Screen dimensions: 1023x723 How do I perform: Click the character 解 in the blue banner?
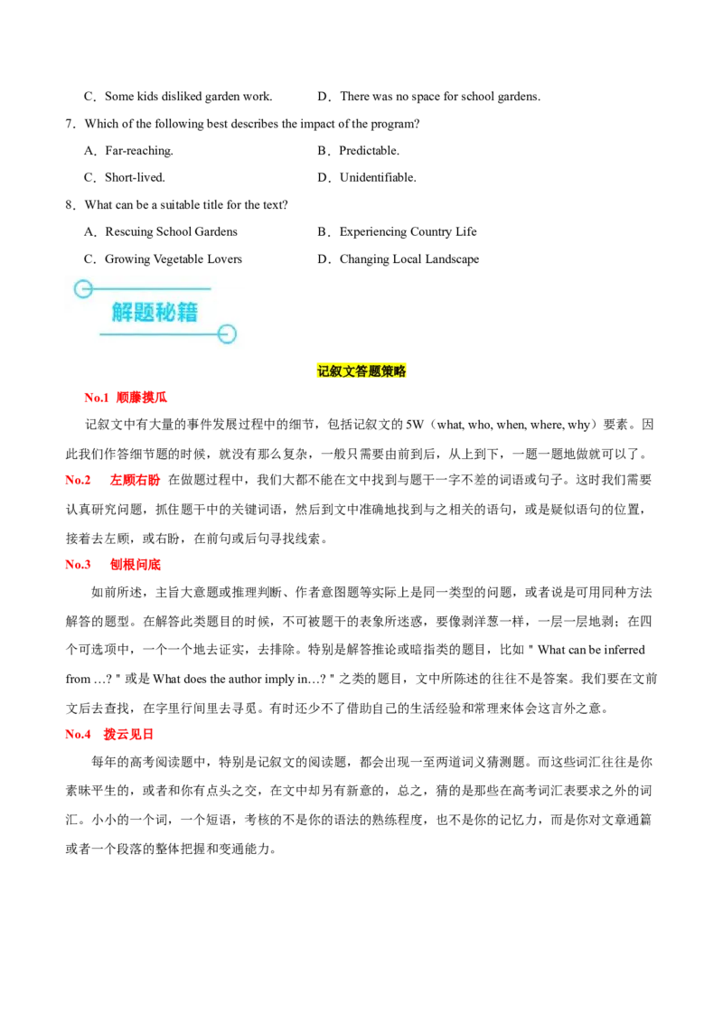click(x=123, y=313)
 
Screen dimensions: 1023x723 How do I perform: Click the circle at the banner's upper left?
click(x=83, y=289)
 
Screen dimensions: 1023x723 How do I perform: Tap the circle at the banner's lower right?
click(x=227, y=334)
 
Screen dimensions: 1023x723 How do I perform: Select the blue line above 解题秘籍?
click(x=150, y=289)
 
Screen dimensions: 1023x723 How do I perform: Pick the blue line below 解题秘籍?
click(x=159, y=334)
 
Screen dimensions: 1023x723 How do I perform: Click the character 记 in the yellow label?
click(x=324, y=371)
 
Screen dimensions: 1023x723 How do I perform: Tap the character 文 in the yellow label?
click(x=349, y=371)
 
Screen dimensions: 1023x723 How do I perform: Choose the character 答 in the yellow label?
click(x=361, y=371)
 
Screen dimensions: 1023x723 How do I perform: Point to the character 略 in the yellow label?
click(x=399, y=371)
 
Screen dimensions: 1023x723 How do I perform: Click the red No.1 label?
click(x=96, y=397)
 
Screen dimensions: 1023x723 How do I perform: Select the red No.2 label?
click(x=79, y=480)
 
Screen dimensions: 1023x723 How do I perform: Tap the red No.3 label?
click(x=79, y=564)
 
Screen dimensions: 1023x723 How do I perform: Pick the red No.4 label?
click(x=79, y=735)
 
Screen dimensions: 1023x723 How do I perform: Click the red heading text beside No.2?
click(x=136, y=480)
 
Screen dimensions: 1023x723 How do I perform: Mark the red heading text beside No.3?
click(x=136, y=564)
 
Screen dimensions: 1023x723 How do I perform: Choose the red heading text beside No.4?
click(x=129, y=735)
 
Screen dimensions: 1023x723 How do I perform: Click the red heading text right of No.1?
click(x=143, y=397)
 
